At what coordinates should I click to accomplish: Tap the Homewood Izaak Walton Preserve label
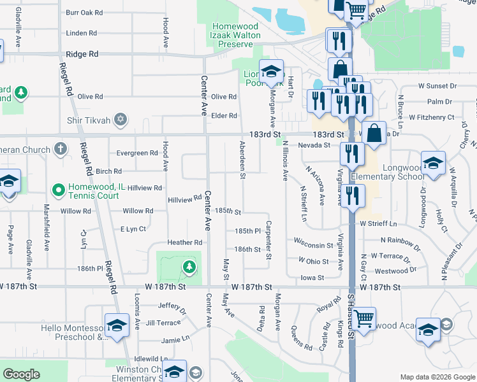[x=235, y=31]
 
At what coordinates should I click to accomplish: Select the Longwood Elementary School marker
[x=433, y=163]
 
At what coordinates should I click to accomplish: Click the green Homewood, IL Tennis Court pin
[x=58, y=190]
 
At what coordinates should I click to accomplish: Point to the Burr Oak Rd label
[x=84, y=12]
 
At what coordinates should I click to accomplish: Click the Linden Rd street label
[x=81, y=32]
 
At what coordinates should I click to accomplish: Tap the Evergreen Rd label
[x=136, y=153]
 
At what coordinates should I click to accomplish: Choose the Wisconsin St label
[x=313, y=244]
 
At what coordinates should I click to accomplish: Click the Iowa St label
[x=312, y=277]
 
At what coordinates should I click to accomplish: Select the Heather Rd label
[x=184, y=242]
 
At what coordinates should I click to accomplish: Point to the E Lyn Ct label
[x=133, y=229]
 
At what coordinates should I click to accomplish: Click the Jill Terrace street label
[x=163, y=323]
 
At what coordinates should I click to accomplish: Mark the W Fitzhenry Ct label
[x=432, y=117]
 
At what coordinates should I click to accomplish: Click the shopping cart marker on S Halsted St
[x=363, y=318]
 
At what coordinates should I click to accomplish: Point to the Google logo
[x=21, y=375]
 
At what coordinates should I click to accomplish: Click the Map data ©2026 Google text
[x=437, y=377]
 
